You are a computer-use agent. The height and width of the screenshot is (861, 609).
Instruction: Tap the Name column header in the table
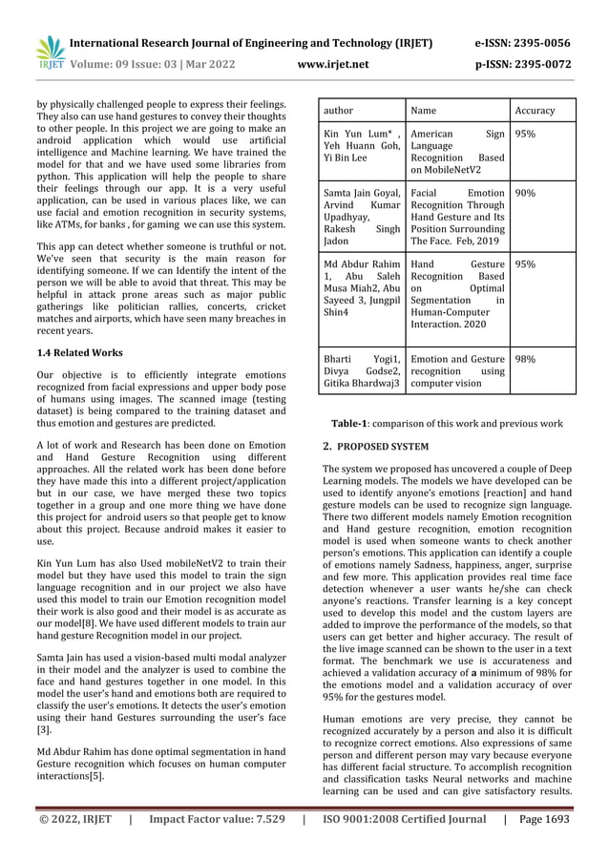pyautogui.click(x=422, y=111)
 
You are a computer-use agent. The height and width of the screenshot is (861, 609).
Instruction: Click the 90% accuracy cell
pyautogui.click(x=526, y=193)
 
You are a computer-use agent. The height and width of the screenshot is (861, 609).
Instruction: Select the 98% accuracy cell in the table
pyautogui.click(x=526, y=360)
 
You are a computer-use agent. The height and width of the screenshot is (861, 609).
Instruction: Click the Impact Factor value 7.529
pyautogui.click(x=217, y=819)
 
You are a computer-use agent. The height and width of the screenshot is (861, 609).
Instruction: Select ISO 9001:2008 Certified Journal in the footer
pyautogui.click(x=405, y=819)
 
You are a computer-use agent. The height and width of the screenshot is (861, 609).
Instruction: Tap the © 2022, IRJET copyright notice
pyautogui.click(x=74, y=819)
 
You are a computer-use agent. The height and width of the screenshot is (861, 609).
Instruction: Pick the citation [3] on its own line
pyautogui.click(x=43, y=729)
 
